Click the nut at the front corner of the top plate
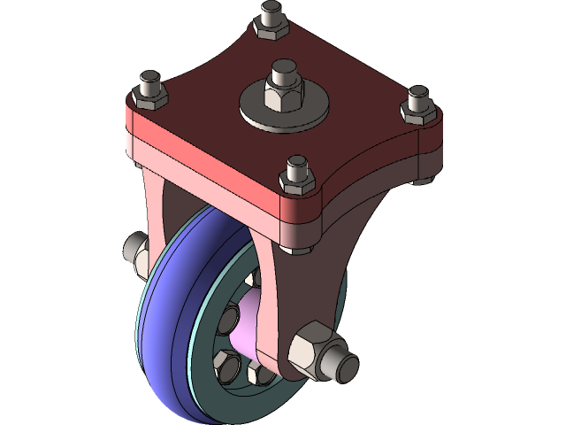point(297,180)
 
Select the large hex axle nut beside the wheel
point(310,347)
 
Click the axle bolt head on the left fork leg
point(136,250)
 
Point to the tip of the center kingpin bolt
point(284,67)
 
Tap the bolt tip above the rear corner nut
point(271,11)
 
